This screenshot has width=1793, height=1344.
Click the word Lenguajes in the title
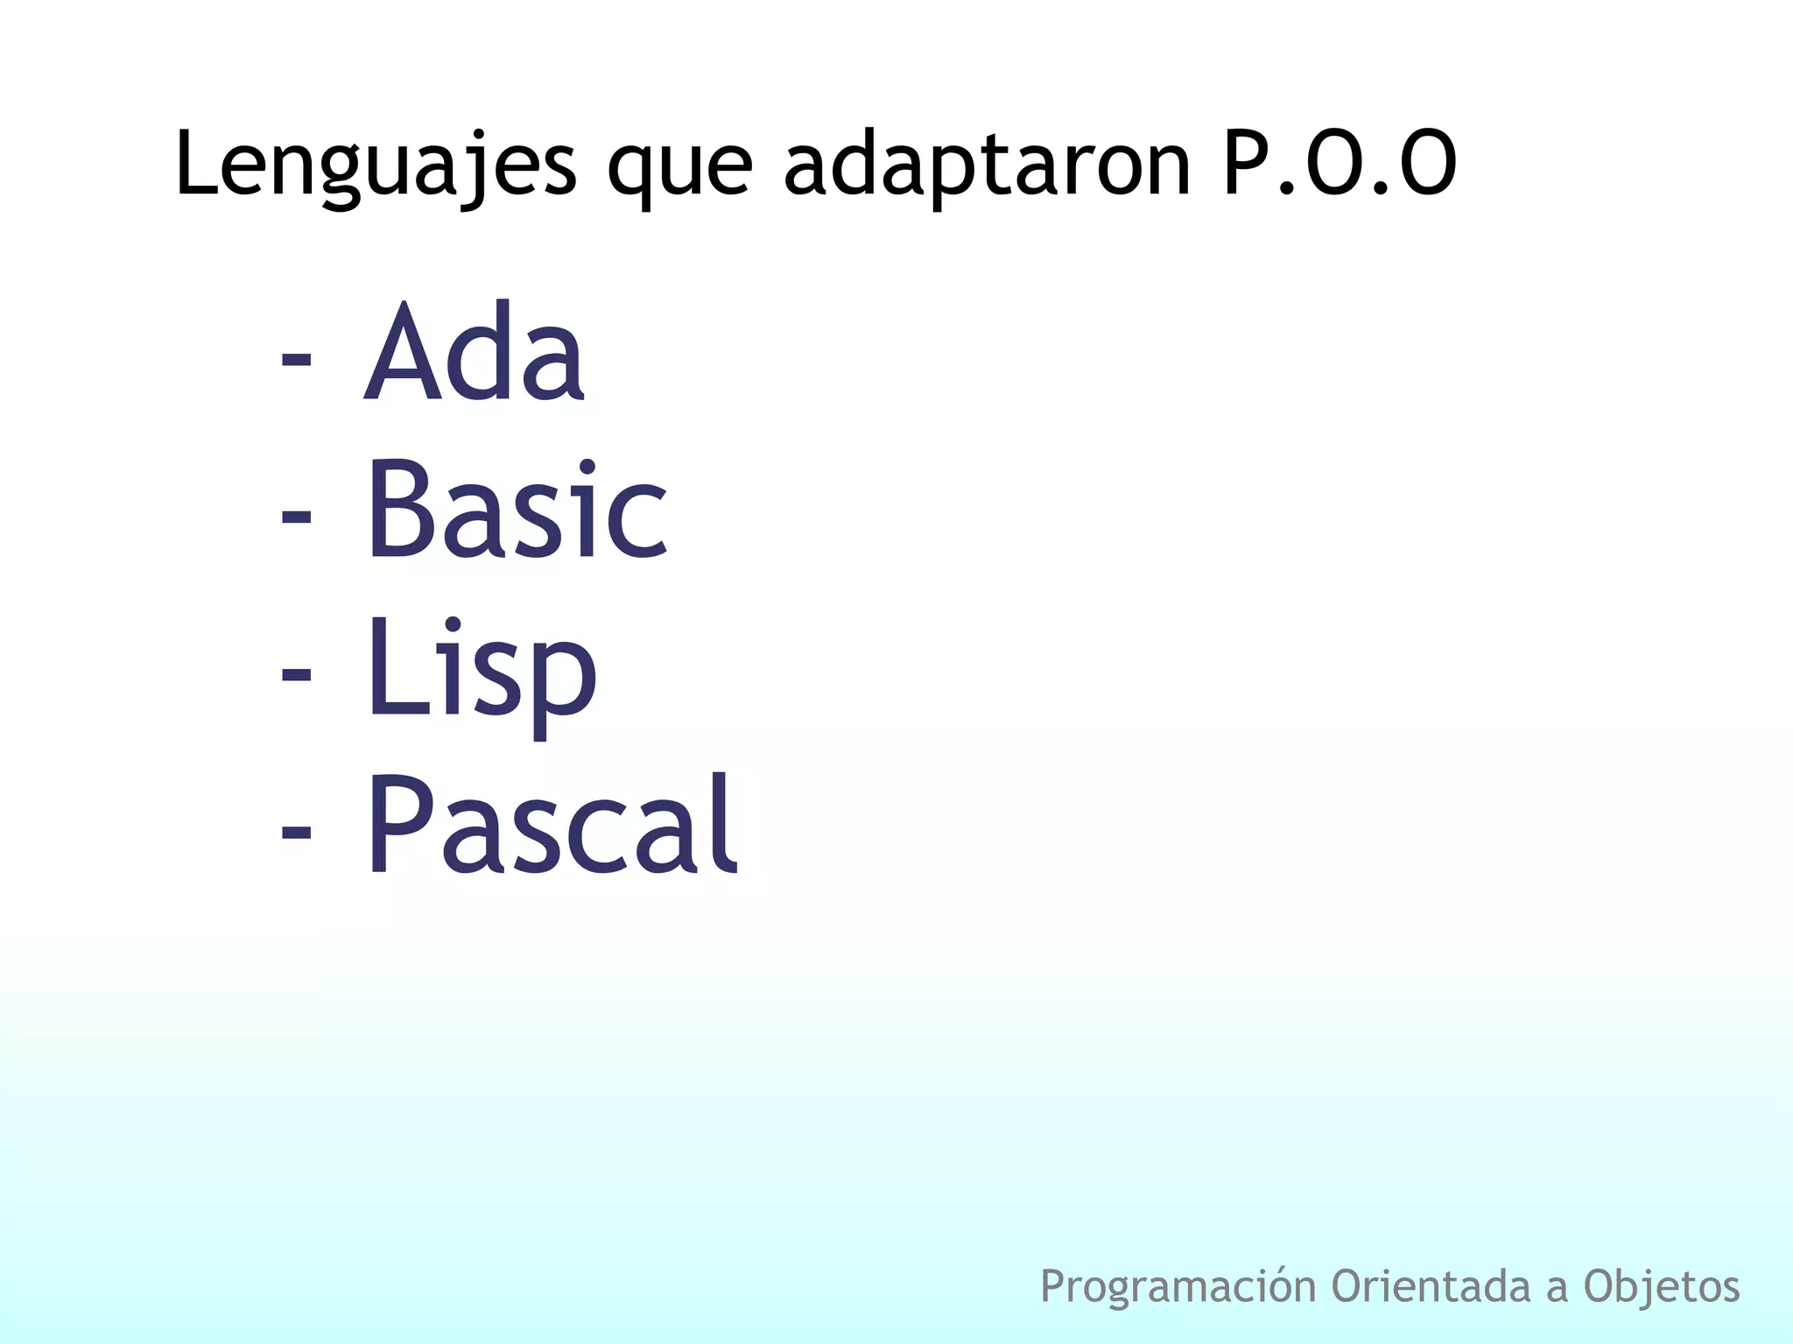click(376, 164)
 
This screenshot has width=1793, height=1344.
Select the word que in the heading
click(679, 166)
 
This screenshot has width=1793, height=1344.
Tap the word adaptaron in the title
click(987, 165)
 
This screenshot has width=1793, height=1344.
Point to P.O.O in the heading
click(1339, 164)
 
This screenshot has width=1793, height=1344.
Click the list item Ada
click(474, 352)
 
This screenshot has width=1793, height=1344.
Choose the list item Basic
click(517, 510)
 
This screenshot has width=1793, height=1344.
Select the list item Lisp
click(482, 670)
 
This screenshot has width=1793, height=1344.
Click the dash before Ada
click(297, 359)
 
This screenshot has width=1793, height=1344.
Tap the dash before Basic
click(297, 517)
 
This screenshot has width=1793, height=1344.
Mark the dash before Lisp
click(297, 674)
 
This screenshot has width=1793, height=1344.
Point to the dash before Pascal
click(297, 832)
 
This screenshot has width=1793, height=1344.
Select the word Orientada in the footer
click(1431, 1285)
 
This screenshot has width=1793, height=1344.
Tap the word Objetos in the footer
click(1661, 1285)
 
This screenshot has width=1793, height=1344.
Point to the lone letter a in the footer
click(1556, 1289)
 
